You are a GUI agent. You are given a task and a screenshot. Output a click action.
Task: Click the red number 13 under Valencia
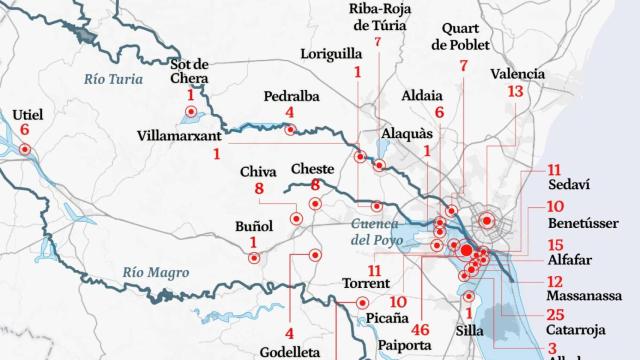pyautogui.click(x=515, y=91)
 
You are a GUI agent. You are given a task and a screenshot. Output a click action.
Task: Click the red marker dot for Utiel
pyautogui.click(x=24, y=151)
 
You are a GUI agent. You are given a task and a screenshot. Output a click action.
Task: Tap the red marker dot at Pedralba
pyautogui.click(x=290, y=129)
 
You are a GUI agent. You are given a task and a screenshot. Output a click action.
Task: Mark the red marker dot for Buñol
pyautogui.click(x=254, y=258)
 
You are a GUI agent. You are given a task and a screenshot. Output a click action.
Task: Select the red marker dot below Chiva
pyautogui.click(x=295, y=218)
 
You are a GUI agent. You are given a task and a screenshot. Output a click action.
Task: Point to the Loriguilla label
pyautogui.click(x=331, y=53)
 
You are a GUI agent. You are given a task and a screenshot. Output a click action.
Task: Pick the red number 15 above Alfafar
pyautogui.click(x=556, y=245)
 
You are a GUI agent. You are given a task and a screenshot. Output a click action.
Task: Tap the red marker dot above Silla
pyautogui.click(x=467, y=296)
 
